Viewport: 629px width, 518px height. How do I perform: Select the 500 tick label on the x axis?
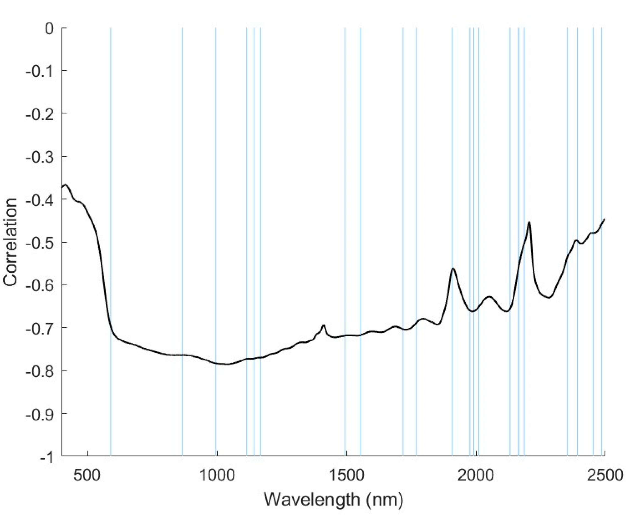(87, 474)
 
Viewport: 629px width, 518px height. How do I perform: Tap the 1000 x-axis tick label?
(217, 474)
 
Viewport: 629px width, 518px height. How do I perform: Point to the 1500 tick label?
(346, 474)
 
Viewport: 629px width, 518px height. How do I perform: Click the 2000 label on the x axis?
(475, 474)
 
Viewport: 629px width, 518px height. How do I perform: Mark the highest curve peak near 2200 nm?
(529, 222)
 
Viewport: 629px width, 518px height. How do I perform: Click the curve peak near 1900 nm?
(453, 269)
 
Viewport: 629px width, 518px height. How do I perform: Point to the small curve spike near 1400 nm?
(323, 325)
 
